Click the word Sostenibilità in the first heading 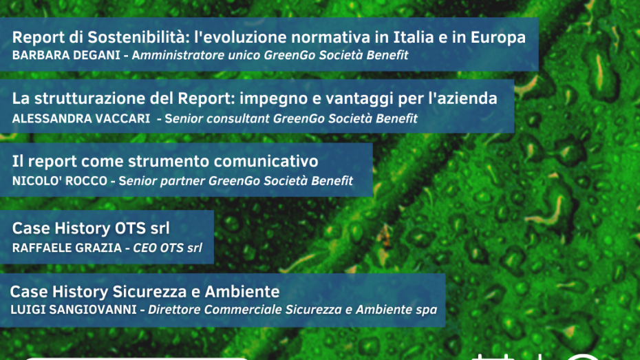pyautogui.click(x=136, y=37)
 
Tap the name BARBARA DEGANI pyautogui.click(x=66, y=55)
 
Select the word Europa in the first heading pyautogui.click(x=498, y=38)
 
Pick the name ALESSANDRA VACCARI pyautogui.click(x=81, y=119)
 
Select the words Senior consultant pyautogui.click(x=217, y=119)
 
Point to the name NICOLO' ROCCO pyautogui.click(x=60, y=181)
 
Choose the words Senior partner pyautogui.click(x=162, y=181)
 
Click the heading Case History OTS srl pyautogui.click(x=91, y=228)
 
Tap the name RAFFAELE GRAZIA pyautogui.click(x=67, y=248)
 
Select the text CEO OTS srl pyautogui.click(x=167, y=248)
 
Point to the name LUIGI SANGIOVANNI pyautogui.click(x=74, y=310)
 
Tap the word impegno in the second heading pyautogui.click(x=267, y=99)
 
